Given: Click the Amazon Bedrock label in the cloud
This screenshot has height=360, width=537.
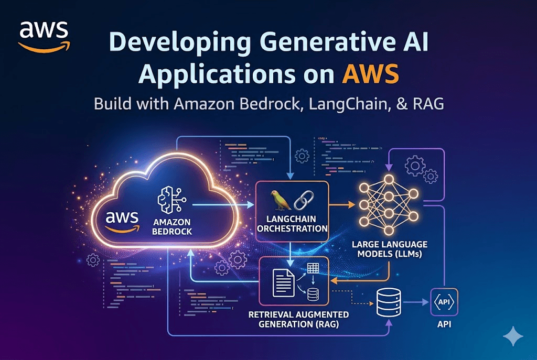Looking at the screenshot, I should [x=171, y=227].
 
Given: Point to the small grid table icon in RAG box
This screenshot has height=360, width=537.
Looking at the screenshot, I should [x=313, y=268].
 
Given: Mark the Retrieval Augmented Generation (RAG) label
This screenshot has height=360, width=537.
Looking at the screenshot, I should [x=299, y=319].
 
